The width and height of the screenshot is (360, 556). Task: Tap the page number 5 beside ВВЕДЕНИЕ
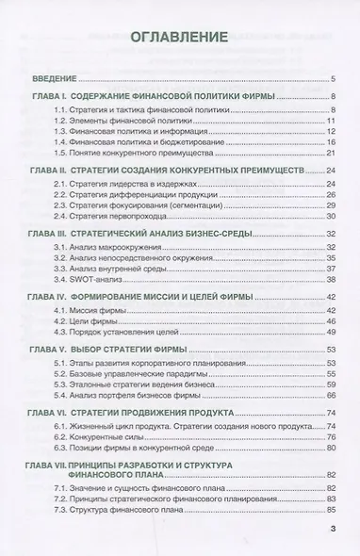pyautogui.click(x=335, y=78)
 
